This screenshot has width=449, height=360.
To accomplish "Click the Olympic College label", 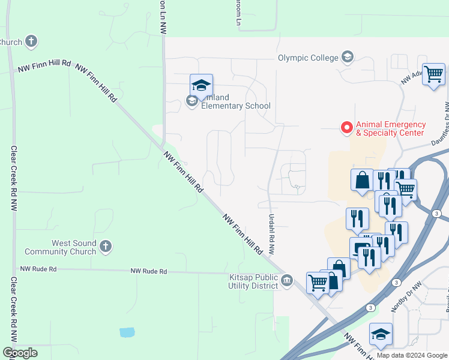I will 308,58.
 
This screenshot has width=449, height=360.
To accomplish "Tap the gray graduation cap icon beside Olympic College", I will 347,58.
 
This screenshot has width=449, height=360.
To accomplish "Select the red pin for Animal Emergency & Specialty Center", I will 346,128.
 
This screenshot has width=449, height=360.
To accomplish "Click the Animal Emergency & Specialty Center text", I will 390,128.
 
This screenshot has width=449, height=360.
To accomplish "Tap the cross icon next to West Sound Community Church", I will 106,246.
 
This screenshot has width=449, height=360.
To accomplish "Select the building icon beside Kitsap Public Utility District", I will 287,280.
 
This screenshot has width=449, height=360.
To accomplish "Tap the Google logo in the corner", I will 20,353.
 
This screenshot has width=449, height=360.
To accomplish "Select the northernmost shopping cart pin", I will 433,75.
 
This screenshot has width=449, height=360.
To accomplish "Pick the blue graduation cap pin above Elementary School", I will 202,85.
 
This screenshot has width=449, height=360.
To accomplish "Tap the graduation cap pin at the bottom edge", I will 381,335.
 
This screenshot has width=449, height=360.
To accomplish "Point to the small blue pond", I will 127,332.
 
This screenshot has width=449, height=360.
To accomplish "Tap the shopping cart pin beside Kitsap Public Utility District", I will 318,283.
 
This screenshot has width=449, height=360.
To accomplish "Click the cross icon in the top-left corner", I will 31,41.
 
